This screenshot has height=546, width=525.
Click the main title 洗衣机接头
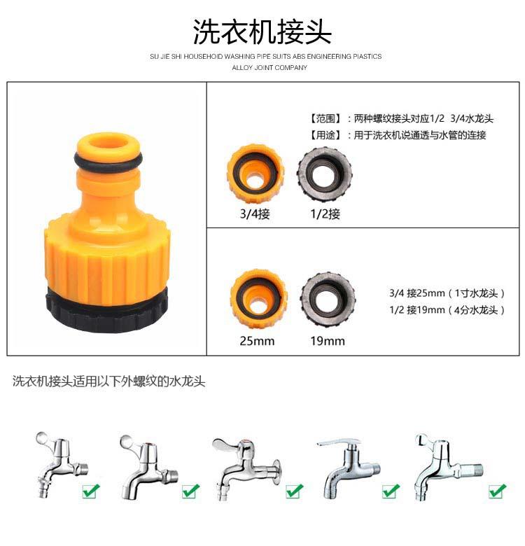[262, 31]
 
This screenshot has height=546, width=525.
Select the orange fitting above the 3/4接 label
[255, 174]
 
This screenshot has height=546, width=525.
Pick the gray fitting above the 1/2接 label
[325, 174]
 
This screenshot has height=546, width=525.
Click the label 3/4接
[255, 213]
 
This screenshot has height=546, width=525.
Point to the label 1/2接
[325, 213]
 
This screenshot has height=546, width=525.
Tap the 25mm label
[257, 341]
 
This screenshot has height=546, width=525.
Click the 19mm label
[328, 341]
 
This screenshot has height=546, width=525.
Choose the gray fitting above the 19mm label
[328, 299]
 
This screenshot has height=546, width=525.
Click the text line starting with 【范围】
[400, 118]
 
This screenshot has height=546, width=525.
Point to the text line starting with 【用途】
[396, 135]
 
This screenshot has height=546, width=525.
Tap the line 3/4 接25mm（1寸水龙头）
[447, 293]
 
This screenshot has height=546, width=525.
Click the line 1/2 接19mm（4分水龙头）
[447, 309]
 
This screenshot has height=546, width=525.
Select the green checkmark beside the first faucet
[91, 491]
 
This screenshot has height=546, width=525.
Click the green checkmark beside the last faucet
[498, 491]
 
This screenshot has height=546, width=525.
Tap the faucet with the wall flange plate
[246, 469]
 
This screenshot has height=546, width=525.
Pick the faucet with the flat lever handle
[348, 468]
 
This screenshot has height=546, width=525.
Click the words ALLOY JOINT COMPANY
[269, 68]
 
